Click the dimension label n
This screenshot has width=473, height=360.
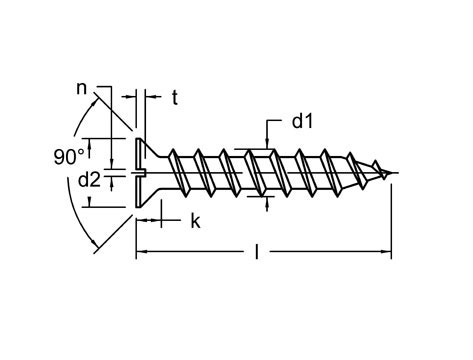click(x=82, y=88)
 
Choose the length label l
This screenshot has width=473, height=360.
click(x=257, y=254)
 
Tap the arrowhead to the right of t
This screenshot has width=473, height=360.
click(x=150, y=97)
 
